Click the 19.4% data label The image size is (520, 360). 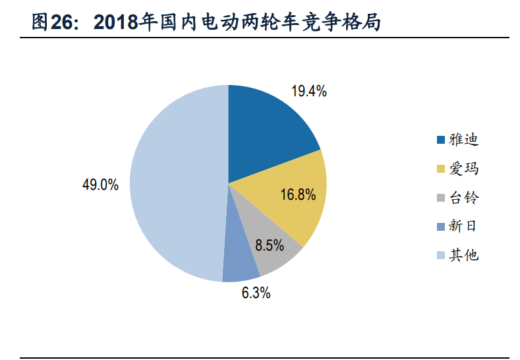309,92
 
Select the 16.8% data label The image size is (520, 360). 298,195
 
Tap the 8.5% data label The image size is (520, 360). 270,246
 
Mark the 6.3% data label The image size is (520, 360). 256,293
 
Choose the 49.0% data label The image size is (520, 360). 100,185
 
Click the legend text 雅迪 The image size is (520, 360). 463,140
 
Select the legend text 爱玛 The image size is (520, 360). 463,169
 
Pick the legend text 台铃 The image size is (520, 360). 463,198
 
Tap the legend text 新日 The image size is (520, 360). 463,226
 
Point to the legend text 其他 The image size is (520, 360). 463,255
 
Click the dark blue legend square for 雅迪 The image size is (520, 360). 440,140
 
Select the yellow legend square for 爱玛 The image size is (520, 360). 440,169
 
